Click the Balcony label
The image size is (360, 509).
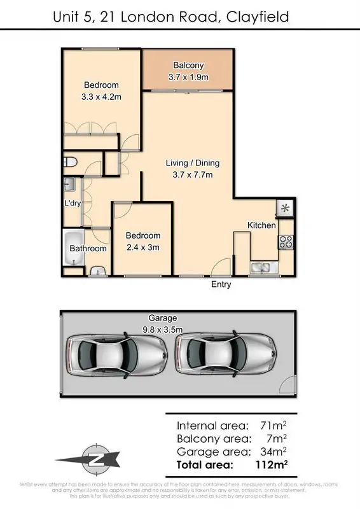[x=188, y=65]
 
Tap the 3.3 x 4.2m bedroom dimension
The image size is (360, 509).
[x=101, y=97]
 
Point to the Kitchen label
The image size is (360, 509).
[x=261, y=225]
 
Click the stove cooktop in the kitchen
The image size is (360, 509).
[x=286, y=242]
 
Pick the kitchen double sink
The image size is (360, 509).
[x=261, y=267]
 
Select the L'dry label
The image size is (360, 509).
[x=71, y=204]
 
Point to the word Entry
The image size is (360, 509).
[x=221, y=284]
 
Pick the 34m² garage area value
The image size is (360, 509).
[x=273, y=451]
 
